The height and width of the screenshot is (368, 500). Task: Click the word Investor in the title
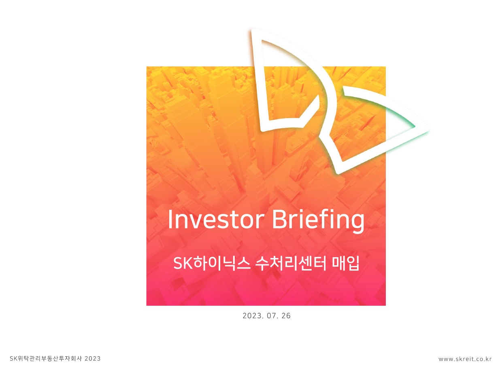216,220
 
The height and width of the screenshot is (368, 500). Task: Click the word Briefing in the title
318,221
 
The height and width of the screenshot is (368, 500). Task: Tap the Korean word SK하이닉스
212,263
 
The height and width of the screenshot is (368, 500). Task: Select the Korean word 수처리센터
291,263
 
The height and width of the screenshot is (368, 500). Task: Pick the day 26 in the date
286,316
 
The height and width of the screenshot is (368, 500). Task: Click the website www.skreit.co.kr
465,359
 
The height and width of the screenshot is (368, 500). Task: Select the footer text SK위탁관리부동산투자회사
46,359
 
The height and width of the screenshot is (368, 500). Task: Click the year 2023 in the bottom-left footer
93,359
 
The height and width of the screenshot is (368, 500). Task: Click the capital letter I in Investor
170,219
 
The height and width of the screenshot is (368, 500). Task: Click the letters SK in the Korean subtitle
183,264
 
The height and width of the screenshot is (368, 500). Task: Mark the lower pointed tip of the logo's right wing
338,173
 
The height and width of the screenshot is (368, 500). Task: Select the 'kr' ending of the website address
488,359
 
